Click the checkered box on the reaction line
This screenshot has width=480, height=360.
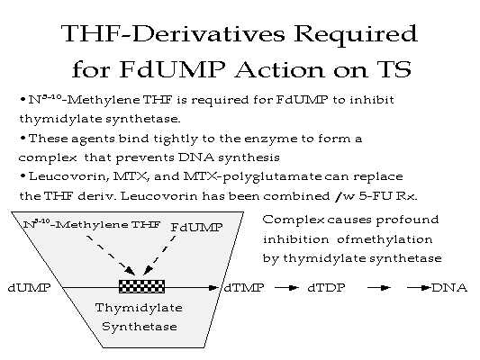pos(141,286)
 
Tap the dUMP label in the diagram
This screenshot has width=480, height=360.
pos(29,288)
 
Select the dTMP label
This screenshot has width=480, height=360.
pos(244,288)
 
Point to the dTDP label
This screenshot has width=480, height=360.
pos(326,288)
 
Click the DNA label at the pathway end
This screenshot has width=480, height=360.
pos(449,288)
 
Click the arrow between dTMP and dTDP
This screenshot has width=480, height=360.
pos(286,288)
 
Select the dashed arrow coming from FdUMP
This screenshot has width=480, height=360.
pos(159,255)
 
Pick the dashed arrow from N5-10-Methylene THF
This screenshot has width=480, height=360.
pos(111,255)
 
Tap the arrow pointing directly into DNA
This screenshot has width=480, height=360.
pos(419,288)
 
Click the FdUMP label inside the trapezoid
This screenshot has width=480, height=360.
pos(196,228)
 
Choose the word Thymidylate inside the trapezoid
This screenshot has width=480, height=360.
pos(139,308)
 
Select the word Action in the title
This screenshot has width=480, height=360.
pos(280,69)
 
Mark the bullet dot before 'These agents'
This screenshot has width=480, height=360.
pos(23,139)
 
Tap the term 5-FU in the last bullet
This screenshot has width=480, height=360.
pos(376,196)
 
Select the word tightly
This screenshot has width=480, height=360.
pos(176,139)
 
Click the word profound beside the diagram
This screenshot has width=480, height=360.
pos(407,220)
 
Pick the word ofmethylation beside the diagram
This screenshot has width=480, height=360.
pos(385,239)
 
